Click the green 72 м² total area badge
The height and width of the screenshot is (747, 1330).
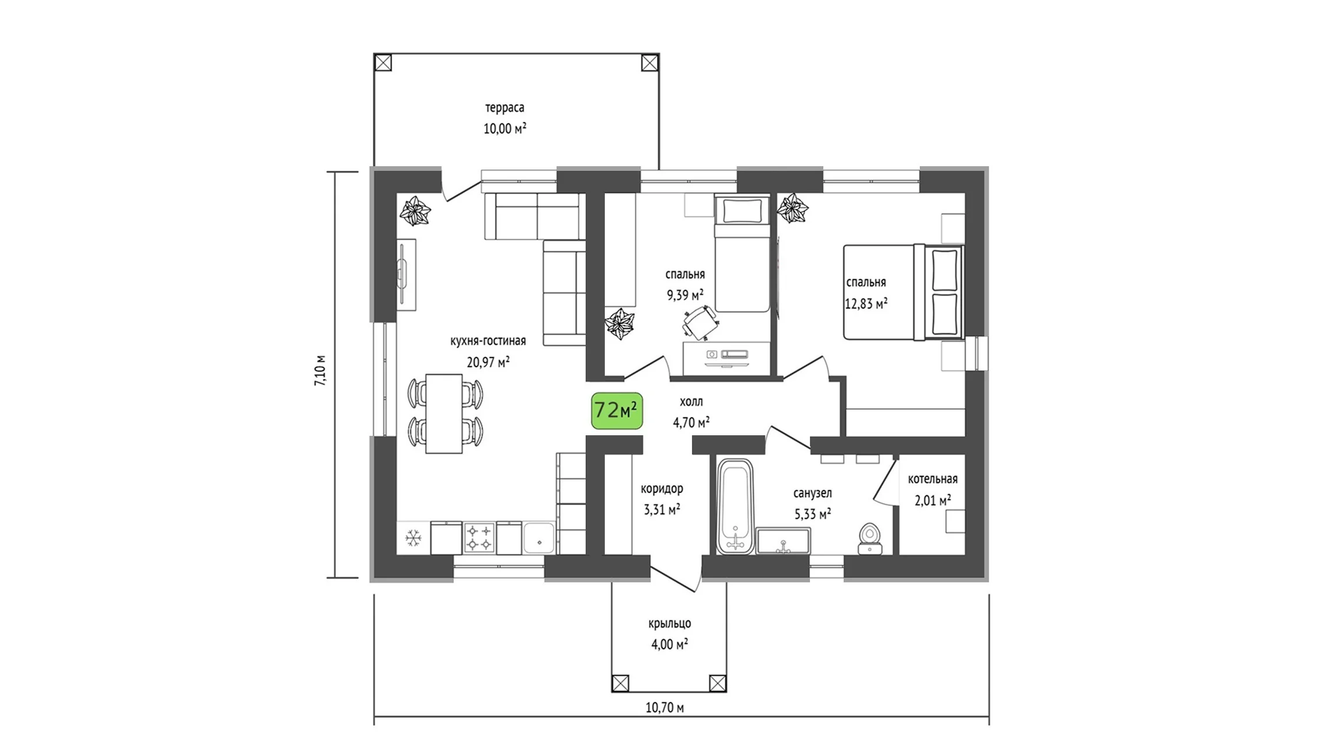[x=617, y=411]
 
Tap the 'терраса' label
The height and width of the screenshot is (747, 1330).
[x=505, y=108]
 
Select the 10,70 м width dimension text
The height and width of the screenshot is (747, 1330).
[x=664, y=707]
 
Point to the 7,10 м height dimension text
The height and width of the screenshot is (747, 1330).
[x=321, y=371]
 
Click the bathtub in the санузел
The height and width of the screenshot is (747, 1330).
[x=736, y=507]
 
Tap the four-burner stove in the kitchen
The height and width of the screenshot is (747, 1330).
[x=479, y=538]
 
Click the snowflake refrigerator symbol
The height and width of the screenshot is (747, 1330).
[x=412, y=539]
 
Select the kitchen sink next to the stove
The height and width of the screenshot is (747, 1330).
[x=539, y=538]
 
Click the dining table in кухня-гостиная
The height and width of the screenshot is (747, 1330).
[x=443, y=413]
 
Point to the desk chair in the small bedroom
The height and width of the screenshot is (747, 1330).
[x=700, y=323]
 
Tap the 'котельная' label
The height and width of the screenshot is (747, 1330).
[x=933, y=479]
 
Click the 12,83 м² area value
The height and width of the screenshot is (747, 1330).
[x=866, y=303]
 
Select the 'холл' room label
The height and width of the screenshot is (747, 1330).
[x=691, y=402]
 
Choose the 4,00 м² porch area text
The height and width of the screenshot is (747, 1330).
[x=669, y=644]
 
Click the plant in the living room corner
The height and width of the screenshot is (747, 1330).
[x=415, y=211]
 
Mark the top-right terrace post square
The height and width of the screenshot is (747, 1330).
[x=649, y=63]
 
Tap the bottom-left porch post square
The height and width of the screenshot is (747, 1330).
[x=621, y=683]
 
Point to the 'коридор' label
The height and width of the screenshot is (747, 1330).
[x=662, y=489]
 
